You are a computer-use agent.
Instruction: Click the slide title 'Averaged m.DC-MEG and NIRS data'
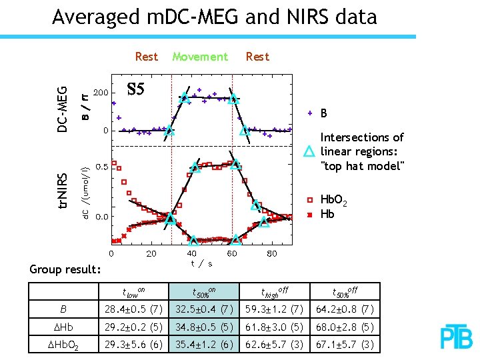pos(214,16)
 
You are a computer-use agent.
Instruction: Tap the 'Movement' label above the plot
pos(200,57)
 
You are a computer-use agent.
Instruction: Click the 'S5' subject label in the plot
pos(135,89)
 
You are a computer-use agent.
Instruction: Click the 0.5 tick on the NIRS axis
pos(101,167)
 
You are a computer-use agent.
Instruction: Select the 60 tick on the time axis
pos(231,253)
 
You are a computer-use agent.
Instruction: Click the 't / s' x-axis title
pos(201,263)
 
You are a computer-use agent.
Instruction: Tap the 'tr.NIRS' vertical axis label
pos(62,191)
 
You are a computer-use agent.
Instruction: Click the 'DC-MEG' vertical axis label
pos(62,109)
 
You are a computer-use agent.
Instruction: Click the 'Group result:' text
pos(65,270)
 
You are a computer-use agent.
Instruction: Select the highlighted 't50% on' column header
pos(203,291)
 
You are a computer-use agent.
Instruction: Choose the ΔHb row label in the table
pos(63,327)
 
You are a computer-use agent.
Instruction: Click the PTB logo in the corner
pos(457,338)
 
